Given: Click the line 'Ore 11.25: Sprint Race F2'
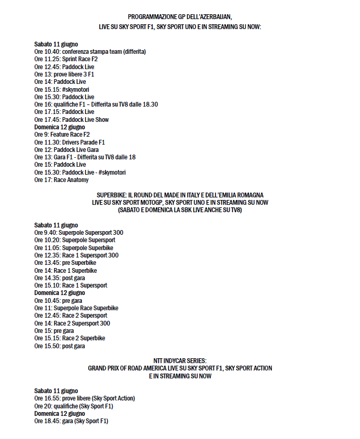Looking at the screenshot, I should pyautogui.click(x=66, y=59).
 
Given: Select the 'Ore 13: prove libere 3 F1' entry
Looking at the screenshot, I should pyautogui.click(x=64, y=74).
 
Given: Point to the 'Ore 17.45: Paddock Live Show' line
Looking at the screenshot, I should pyautogui.click(x=71, y=120).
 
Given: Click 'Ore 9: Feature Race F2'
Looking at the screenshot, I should pyautogui.click(x=62, y=135).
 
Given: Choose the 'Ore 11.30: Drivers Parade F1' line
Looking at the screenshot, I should pyautogui.click(x=70, y=142).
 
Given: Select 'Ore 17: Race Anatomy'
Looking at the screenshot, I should pyautogui.click(x=61, y=180).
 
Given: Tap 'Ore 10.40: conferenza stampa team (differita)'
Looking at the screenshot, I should pyautogui.click(x=90, y=52).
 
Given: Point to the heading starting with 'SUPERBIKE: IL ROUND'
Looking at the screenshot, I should pyautogui.click(x=180, y=195).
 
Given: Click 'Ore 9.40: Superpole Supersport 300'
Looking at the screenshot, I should pyautogui.click(x=79, y=232).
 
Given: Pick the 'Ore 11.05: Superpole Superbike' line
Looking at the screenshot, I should pyautogui.click(x=74, y=247).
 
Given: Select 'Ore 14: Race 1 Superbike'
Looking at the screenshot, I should pyautogui.click(x=65, y=270).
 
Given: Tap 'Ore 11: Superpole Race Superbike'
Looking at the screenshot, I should pyautogui.click(x=76, y=308).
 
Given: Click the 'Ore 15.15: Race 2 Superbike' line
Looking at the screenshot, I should pyautogui.click(x=70, y=338).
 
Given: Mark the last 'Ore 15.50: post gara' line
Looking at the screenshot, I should pyautogui.click(x=60, y=346).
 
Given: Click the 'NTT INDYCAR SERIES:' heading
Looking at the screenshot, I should pyautogui.click(x=180, y=361).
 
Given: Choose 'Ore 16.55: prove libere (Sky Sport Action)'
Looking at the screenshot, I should pyautogui.click(x=84, y=398).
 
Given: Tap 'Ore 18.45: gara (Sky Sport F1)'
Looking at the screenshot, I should pyautogui.click(x=71, y=421).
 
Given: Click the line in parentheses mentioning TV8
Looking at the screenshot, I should pyautogui.click(x=180, y=209).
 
